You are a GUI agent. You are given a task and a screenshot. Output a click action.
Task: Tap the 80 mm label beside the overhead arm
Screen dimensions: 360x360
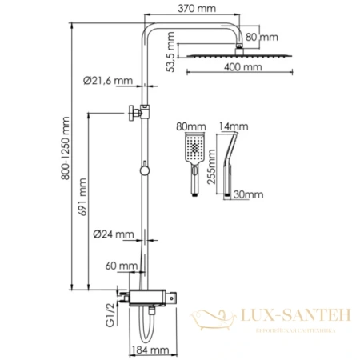(x=263, y=37)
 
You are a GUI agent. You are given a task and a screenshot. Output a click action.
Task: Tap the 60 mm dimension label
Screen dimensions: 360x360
(x=118, y=264)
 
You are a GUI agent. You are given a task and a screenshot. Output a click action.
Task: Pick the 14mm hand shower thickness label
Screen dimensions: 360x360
(x=238, y=126)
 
